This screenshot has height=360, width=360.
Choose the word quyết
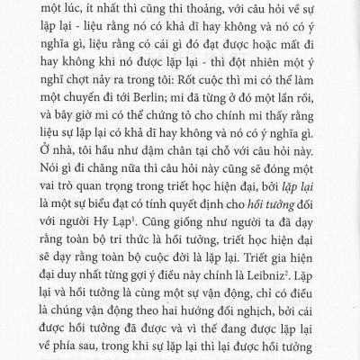pos(201,209)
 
